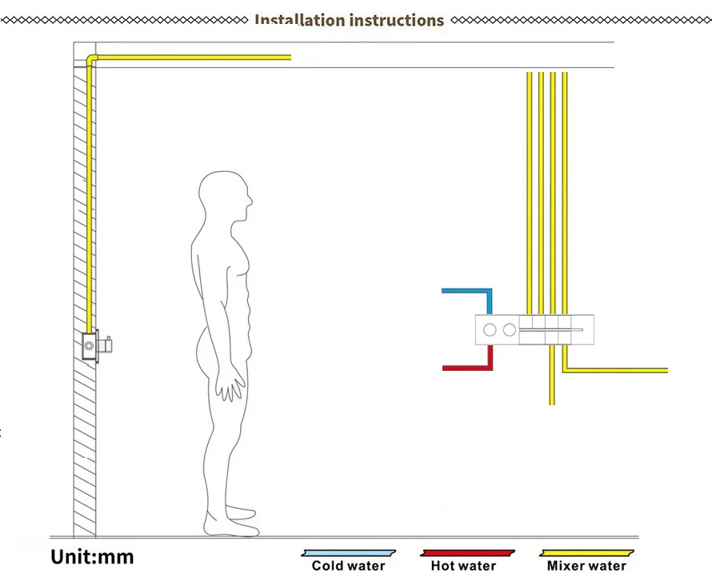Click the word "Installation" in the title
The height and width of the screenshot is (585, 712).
(299, 20)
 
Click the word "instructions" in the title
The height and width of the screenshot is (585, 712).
(395, 20)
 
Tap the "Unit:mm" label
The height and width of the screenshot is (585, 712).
(92, 556)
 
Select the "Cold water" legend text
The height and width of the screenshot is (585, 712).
(348, 566)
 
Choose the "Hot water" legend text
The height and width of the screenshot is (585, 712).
(463, 566)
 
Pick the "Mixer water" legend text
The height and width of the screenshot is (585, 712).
(586, 566)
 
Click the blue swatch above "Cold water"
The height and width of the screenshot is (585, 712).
(348, 552)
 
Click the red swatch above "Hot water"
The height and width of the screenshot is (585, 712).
(467, 552)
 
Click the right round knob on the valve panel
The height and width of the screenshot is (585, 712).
(510, 328)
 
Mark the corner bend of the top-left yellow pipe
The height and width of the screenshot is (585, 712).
(90, 59)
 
